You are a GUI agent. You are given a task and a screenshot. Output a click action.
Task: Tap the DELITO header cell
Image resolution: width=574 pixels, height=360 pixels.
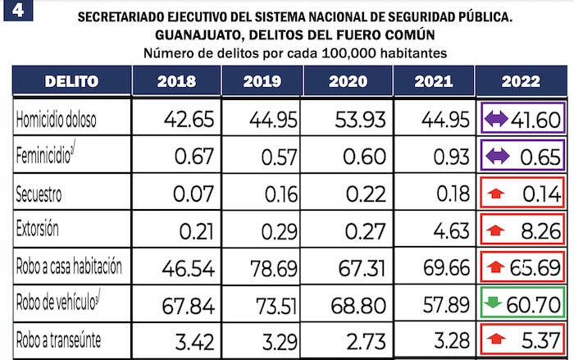71,81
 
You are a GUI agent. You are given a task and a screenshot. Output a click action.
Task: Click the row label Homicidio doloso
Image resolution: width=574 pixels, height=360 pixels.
57,120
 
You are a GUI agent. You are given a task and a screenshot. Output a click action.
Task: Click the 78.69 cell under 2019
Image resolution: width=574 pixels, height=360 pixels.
263,267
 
